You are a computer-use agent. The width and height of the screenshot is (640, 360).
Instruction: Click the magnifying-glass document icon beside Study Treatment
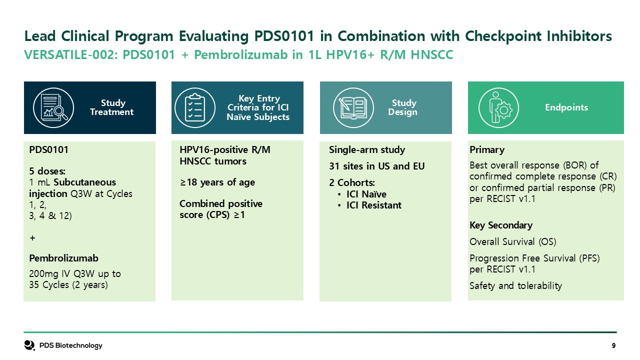coord(53,107)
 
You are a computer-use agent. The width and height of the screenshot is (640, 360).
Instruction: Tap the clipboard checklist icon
coord(195,107)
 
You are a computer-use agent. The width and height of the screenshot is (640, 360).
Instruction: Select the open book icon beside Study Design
coord(353,107)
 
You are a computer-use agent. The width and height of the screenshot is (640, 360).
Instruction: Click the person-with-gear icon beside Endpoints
coord(499,107)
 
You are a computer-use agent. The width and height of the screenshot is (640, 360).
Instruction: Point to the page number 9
coord(613,345)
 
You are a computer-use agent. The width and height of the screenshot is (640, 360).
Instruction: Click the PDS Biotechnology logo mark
coord(29,345)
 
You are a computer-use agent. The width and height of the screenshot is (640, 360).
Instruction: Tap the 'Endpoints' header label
coord(566,107)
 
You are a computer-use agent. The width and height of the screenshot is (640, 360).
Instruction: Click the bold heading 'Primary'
coord(487,149)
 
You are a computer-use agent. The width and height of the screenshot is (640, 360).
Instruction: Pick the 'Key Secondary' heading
coord(501,225)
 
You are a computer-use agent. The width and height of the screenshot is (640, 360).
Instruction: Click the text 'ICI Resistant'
coord(373,205)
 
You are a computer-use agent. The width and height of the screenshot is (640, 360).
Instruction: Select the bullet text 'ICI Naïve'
coord(366,194)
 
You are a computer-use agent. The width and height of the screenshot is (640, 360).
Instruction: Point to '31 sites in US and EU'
coord(376,166)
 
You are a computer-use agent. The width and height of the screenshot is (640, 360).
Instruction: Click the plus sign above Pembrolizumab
coord(32,237)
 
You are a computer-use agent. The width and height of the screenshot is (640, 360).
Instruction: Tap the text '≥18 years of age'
coord(217,182)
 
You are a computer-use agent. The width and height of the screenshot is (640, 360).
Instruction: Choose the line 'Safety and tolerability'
coord(515,285)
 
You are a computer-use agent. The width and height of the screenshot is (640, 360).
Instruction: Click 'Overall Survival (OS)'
coord(512,241)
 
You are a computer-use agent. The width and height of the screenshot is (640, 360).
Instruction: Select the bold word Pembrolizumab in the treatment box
coord(63,258)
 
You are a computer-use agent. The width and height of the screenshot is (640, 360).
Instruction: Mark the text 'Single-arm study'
coord(367,149)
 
